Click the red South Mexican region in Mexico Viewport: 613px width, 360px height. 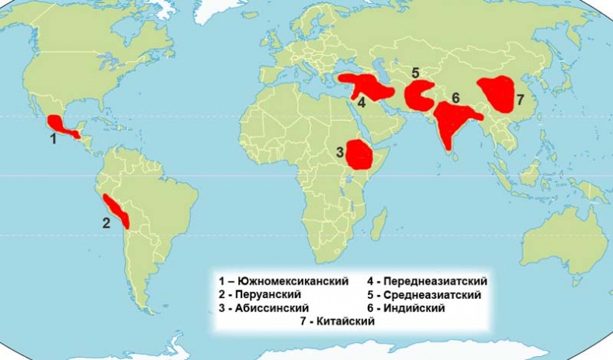(59, 125)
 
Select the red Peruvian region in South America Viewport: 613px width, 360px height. (119, 209)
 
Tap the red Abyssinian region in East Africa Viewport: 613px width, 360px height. (359, 155)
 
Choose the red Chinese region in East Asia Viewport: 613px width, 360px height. (496, 96)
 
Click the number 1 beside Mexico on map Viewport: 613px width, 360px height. (54, 140)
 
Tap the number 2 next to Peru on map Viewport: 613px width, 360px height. (107, 222)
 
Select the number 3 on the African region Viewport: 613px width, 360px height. (340, 152)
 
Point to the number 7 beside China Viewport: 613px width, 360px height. (519, 99)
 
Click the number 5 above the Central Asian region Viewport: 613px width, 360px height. (415, 73)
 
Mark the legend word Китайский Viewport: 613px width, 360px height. (347, 322)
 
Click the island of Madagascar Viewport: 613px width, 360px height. (379, 225)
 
